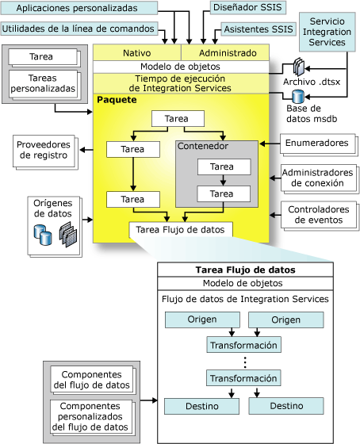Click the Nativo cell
tap(137, 52)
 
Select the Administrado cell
tap(228, 52)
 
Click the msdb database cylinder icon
tap(300, 97)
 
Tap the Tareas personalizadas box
tap(43, 83)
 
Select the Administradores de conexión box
tap(317, 178)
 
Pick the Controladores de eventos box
tap(317, 212)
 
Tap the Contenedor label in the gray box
tap(203, 147)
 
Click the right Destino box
tap(274, 405)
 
